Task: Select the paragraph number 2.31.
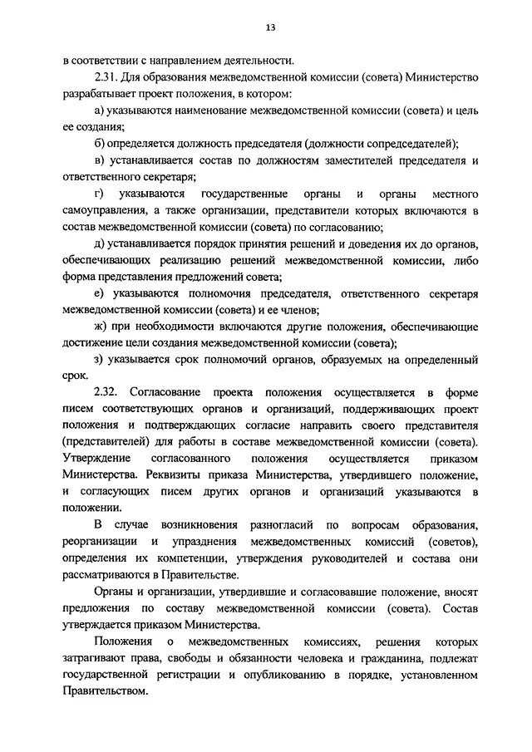click(x=106, y=77)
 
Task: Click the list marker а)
click(x=100, y=110)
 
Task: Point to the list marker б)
click(x=100, y=143)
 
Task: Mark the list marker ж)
click(x=101, y=324)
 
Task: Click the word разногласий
click(x=274, y=525)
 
